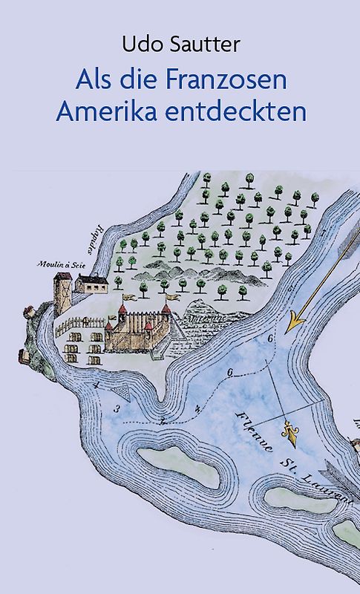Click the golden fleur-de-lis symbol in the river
pyautogui.click(x=287, y=431)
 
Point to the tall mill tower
pyautogui.click(x=62, y=293)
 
